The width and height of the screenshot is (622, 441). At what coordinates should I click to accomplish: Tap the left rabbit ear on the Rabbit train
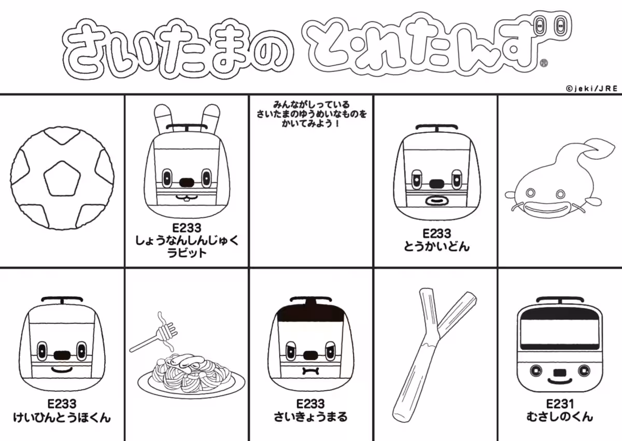(163, 117)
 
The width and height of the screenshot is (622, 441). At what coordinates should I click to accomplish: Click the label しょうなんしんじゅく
(187, 241)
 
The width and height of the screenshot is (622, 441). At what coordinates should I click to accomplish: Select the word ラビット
(187, 253)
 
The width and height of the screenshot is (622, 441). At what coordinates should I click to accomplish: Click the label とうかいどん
(436, 246)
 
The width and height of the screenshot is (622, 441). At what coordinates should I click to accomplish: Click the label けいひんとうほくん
(62, 417)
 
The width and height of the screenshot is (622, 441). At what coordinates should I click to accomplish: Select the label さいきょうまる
(310, 417)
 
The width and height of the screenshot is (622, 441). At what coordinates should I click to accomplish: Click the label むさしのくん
(559, 417)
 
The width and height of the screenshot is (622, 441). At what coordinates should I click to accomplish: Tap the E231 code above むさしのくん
(559, 404)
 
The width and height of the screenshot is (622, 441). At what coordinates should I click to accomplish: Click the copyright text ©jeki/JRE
(591, 89)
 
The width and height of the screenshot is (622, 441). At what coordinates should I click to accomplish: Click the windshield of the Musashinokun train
(559, 330)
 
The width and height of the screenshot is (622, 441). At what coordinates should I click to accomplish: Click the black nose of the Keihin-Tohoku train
(62, 355)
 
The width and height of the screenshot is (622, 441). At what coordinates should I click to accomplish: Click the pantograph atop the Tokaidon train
(436, 127)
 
